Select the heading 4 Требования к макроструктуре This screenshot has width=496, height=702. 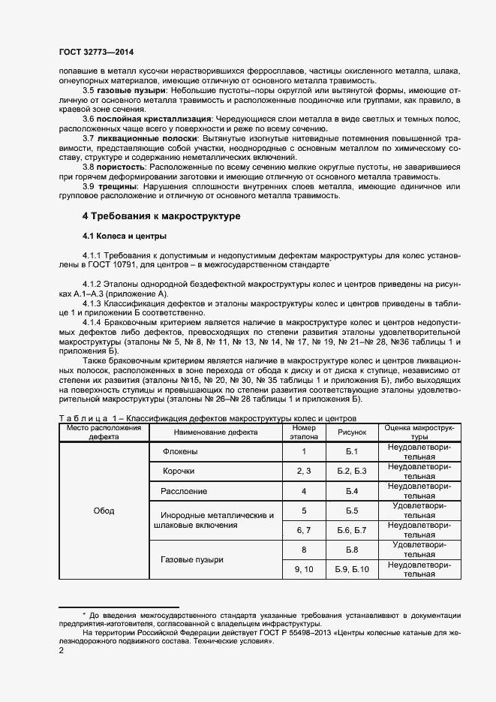161,216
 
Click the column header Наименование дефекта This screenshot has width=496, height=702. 215,432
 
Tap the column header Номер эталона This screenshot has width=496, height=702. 304,432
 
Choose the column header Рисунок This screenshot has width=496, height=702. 351,432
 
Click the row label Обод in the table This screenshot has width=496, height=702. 104,511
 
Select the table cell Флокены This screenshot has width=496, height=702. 179,451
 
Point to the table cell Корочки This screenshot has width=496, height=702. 179,471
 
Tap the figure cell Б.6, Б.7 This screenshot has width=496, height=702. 351,530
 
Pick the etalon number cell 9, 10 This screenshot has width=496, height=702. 304,570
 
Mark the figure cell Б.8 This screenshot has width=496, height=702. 351,550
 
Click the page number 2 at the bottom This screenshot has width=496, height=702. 62,651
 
